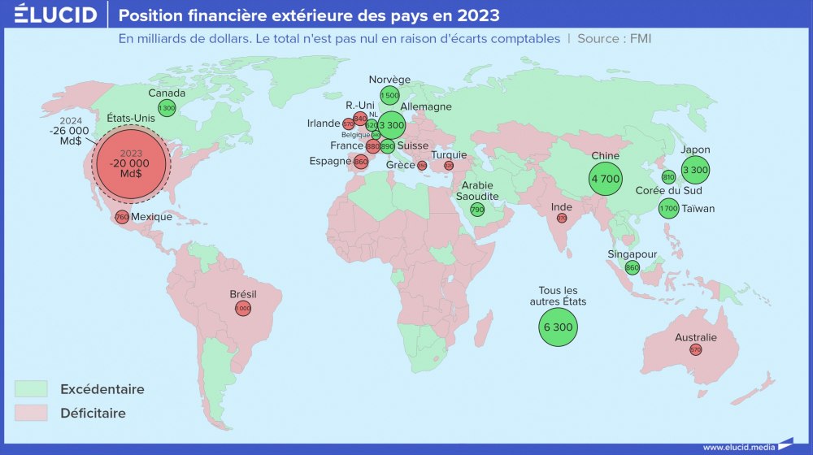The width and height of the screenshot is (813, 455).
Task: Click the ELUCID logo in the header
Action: click(x=55, y=15)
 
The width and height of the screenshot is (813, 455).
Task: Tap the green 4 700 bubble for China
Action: click(x=606, y=179)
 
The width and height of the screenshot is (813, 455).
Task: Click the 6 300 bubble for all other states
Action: click(x=557, y=327)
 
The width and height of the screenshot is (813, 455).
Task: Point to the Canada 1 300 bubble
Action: click(x=167, y=108)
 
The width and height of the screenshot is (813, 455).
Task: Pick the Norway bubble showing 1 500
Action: click(x=389, y=96)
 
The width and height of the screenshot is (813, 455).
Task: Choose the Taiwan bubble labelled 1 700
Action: click(x=668, y=209)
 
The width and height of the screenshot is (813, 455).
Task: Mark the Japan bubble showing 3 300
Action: click(x=696, y=170)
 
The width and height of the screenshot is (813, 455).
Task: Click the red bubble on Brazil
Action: click(x=243, y=308)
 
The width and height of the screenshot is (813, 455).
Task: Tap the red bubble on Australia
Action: click(x=695, y=349)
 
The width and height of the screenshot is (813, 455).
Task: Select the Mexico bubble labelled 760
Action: click(x=121, y=217)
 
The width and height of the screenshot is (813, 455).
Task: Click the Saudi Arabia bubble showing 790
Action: click(x=477, y=210)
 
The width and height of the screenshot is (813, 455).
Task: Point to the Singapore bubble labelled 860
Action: click(x=633, y=268)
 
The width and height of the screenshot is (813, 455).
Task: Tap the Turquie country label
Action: click(x=449, y=155)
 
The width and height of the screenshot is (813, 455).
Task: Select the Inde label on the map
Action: click(x=562, y=207)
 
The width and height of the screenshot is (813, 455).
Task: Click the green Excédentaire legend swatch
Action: click(x=32, y=389)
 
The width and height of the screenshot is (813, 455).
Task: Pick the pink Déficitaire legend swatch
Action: click(x=32, y=414)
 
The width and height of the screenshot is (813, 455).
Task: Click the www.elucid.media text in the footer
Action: click(x=739, y=447)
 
